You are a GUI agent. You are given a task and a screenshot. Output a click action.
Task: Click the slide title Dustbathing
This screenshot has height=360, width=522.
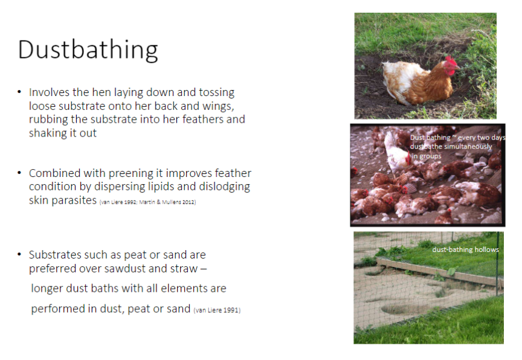coord(88,50)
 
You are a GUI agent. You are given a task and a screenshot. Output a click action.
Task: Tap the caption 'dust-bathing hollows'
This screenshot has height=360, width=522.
coord(466,249)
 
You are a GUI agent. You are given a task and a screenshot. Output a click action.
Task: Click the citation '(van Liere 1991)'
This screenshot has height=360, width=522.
coord(217,310)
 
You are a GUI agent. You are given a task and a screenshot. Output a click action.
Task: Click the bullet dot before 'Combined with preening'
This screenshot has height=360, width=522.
coord(20,173)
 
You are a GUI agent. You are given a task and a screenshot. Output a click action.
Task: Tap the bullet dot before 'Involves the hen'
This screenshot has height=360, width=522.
coord(20,92)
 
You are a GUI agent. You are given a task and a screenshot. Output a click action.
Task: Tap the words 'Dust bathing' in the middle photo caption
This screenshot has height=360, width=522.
coord(430,138)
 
